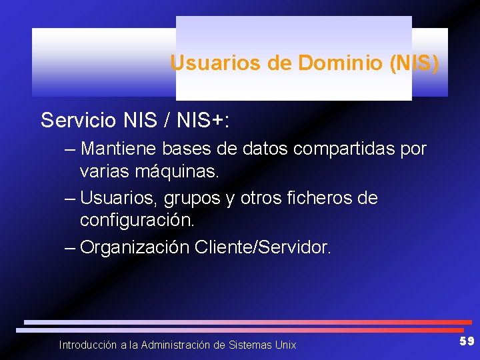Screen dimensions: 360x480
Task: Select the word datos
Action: [x=272, y=148]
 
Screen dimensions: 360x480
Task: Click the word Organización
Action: [x=135, y=247]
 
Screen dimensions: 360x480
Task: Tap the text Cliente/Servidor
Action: [x=262, y=247]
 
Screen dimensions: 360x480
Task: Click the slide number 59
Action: [x=467, y=342]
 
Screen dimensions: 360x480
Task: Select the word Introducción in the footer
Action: [x=87, y=345]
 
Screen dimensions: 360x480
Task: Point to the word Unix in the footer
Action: [x=285, y=345]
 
